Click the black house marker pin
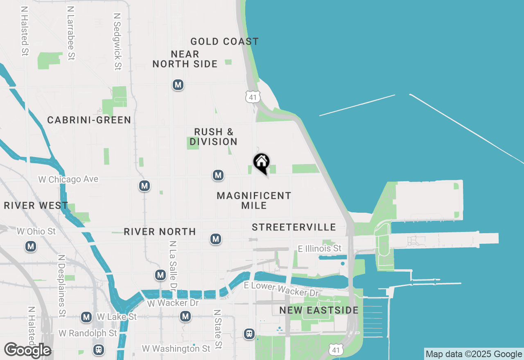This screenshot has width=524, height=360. pyautogui.click(x=261, y=162)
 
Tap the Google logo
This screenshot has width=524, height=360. pyautogui.click(x=27, y=350)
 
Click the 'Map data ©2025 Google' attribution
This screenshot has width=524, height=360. pyautogui.click(x=474, y=354)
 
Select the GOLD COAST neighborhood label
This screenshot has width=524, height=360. pyautogui.click(x=224, y=41)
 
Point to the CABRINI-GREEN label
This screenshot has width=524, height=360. pyautogui.click(x=89, y=120)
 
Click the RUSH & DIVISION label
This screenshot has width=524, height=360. pyautogui.click(x=214, y=137)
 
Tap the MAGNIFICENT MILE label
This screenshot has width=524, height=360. pyautogui.click(x=254, y=200)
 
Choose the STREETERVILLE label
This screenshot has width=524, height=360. pyautogui.click(x=294, y=227)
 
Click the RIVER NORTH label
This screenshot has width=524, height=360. pyautogui.click(x=160, y=232)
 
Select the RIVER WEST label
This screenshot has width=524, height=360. pyautogui.click(x=36, y=205)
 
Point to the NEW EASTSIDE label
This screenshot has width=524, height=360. pyautogui.click(x=319, y=310)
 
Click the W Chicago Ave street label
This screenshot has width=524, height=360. pyautogui.click(x=68, y=179)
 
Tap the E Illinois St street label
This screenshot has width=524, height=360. pyautogui.click(x=319, y=248)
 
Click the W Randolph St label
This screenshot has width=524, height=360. pyautogui.click(x=88, y=333)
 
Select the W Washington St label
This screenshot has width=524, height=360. pyautogui.click(x=176, y=349)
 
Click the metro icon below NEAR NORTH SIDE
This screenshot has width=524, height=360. pyautogui.click(x=178, y=85)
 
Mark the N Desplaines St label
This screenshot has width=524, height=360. pyautogui.click(x=62, y=286)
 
